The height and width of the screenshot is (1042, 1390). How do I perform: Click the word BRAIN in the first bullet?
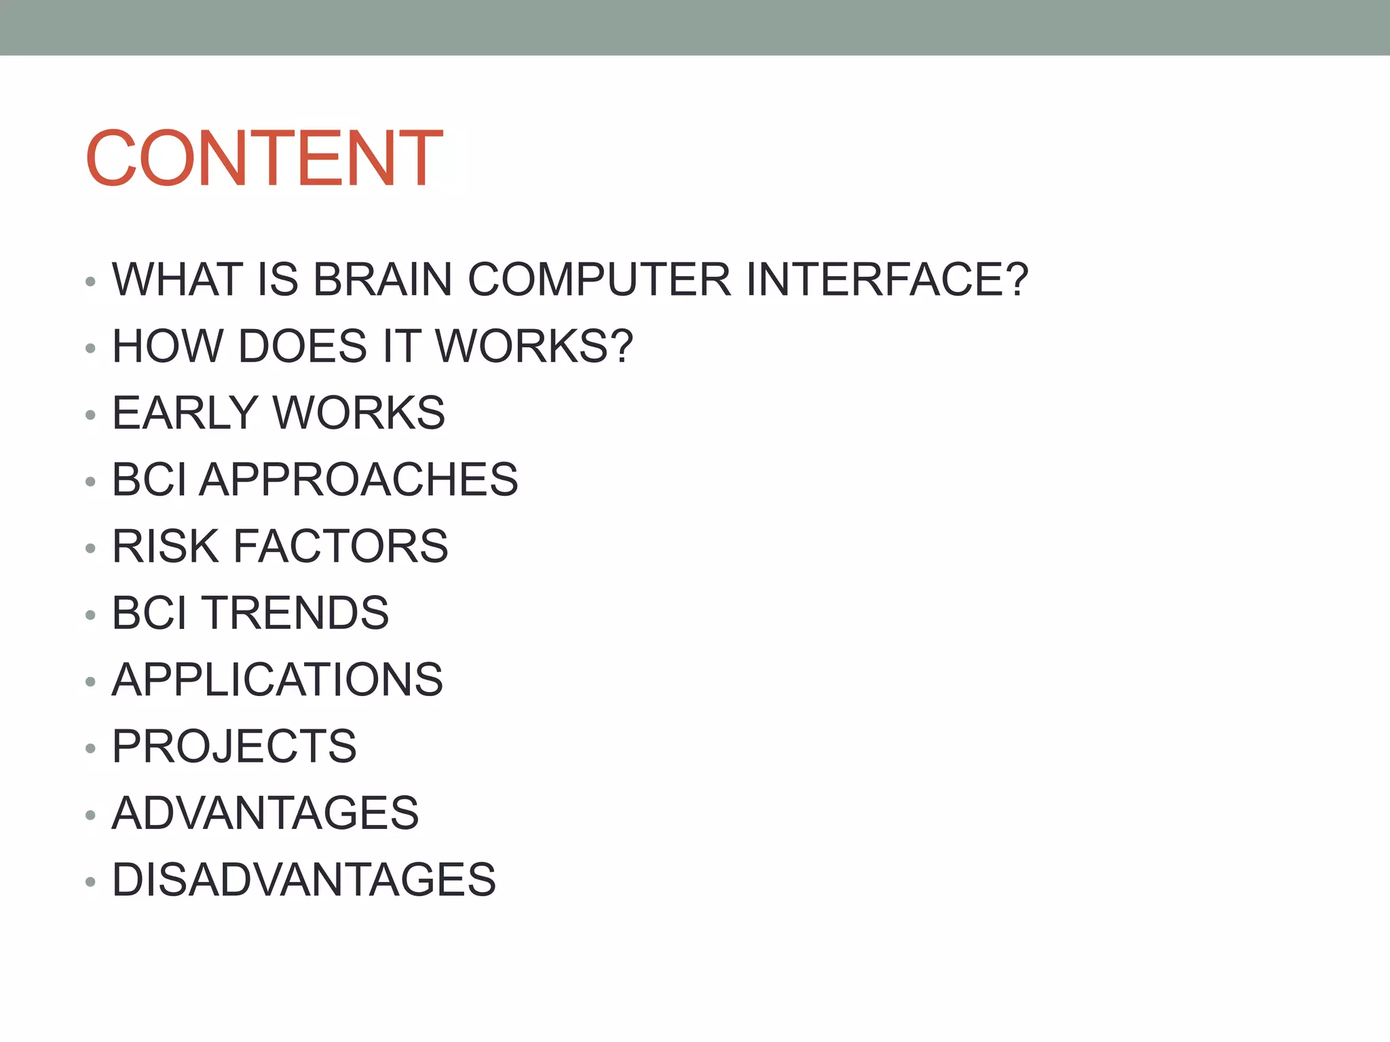click(382, 279)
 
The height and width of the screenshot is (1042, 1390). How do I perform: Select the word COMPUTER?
click(599, 279)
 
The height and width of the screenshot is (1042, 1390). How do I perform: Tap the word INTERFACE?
click(887, 279)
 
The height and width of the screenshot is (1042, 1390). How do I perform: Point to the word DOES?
click(303, 346)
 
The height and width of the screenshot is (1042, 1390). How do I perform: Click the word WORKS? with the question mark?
click(534, 346)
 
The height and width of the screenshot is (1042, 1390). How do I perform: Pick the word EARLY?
click(185, 412)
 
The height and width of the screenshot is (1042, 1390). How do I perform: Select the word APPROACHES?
click(358, 480)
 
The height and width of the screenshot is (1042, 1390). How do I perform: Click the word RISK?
click(166, 546)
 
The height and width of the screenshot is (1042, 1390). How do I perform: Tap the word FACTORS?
click(341, 546)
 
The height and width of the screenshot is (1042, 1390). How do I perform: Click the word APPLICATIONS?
click(277, 680)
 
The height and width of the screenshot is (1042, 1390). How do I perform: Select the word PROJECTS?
click(234, 746)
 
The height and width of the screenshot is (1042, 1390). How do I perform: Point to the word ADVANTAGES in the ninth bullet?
click(265, 813)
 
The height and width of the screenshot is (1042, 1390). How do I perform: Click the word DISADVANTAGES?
click(303, 880)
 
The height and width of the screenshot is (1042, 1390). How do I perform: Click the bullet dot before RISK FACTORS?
click(90, 549)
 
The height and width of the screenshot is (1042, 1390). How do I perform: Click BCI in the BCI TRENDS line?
click(149, 613)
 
